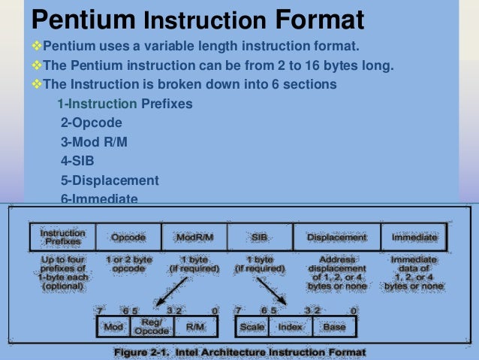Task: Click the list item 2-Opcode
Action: pos(90,122)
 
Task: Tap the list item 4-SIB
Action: pos(78,161)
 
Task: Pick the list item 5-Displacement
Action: pos(110,180)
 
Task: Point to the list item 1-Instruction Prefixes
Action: pos(125,103)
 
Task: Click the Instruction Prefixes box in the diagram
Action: pos(62,237)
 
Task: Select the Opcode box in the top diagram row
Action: pos(128,237)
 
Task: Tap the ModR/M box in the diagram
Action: pos(194,237)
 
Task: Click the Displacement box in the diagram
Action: pos(337,237)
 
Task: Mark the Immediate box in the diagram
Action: pos(414,237)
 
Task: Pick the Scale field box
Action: pos(252,328)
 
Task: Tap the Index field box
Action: pos(290,328)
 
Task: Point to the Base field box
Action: pos(334,328)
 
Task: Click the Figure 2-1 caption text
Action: pos(239,352)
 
